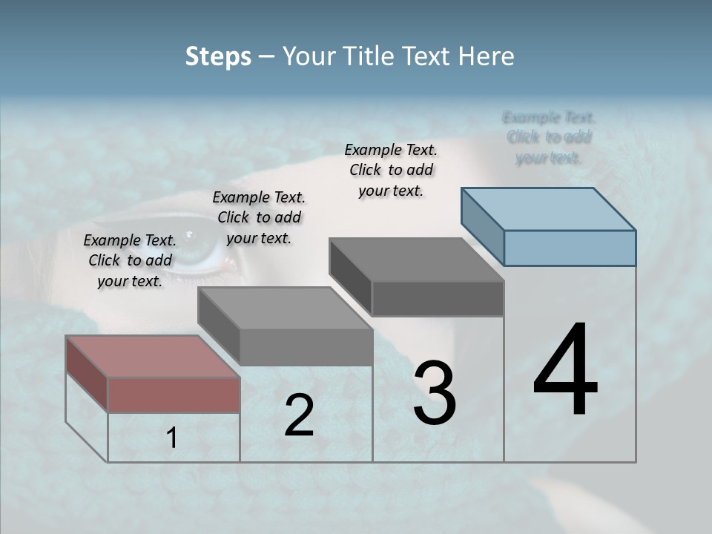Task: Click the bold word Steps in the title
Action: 218,57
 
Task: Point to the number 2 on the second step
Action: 299,415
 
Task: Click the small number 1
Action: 172,438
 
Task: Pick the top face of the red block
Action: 153,356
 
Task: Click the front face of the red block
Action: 174,395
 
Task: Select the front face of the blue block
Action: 570,248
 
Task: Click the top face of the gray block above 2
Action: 285,308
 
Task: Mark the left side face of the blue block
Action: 482,226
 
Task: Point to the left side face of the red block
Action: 87,373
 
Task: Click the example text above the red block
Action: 130,260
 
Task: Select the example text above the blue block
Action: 549,137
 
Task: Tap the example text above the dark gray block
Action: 391,170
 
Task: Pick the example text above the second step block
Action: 259,217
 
